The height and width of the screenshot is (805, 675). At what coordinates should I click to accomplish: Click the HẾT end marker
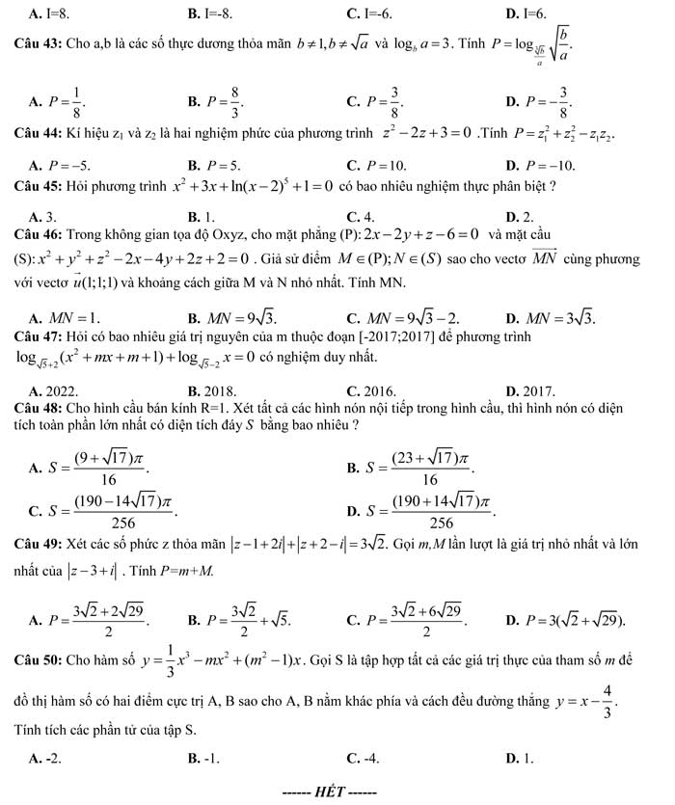coord(327,792)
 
